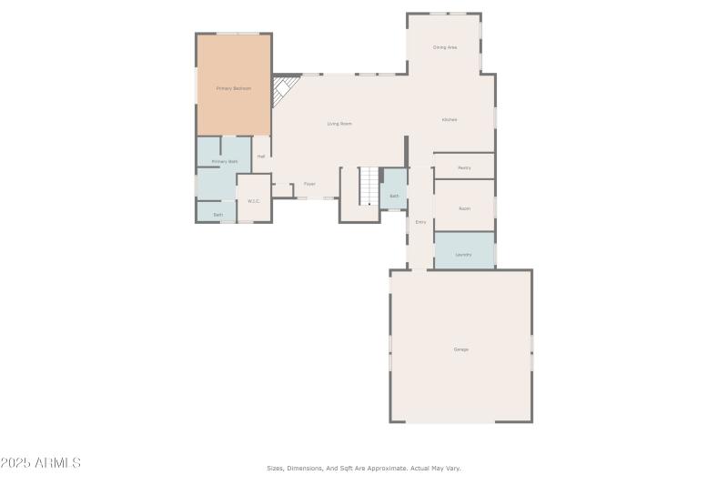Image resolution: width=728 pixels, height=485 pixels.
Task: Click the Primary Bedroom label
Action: [233, 88]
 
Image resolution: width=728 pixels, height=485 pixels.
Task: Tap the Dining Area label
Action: [444, 47]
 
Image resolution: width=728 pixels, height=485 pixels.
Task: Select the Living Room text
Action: [339, 124]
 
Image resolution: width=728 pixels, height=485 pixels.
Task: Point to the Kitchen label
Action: [450, 120]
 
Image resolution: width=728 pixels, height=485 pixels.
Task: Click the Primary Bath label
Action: [225, 161]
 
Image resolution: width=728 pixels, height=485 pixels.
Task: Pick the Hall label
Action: [261, 157]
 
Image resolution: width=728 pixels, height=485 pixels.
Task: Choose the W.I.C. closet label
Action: [254, 201]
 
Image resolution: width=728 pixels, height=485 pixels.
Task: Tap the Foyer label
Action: [309, 184]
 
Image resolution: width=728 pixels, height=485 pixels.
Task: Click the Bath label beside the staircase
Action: [394, 196]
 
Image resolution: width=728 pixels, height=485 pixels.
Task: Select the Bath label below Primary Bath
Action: [218, 215]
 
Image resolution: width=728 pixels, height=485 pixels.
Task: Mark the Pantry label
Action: [464, 167]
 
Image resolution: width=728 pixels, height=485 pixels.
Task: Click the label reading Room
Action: [464, 208]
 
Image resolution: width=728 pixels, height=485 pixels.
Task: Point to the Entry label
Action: [420, 222]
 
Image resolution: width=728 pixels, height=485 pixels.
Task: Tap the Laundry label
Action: [464, 254]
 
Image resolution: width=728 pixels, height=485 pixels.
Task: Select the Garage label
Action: [461, 349]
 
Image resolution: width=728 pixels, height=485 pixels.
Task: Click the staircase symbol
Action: [368, 187]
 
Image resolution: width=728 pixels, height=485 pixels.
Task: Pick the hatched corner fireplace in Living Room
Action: [287, 89]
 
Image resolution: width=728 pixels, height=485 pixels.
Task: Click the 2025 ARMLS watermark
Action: [41, 463]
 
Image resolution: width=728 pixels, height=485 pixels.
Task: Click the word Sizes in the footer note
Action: [276, 468]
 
